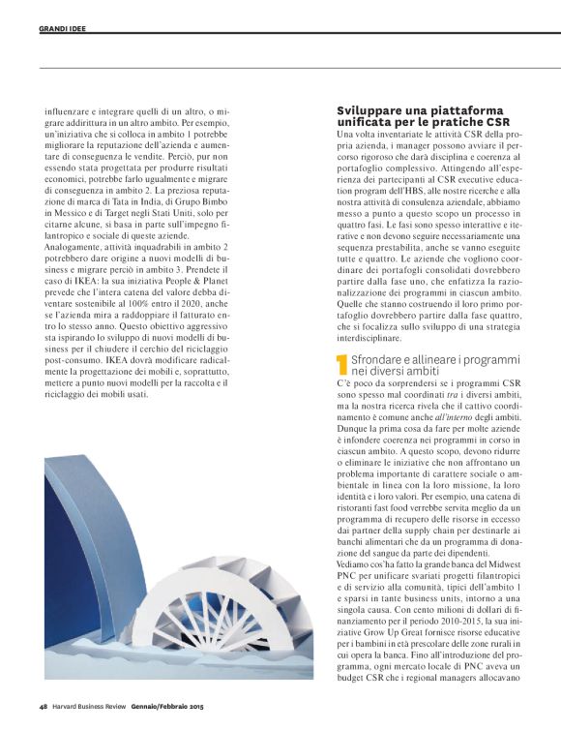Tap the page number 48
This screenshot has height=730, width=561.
click(x=44, y=704)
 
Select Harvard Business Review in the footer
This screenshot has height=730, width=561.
click(x=94, y=704)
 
